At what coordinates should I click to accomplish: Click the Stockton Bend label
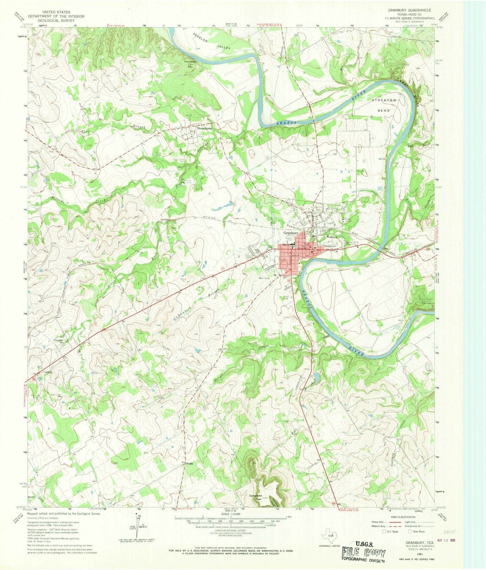(x=384, y=105)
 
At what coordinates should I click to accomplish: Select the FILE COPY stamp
(x=364, y=554)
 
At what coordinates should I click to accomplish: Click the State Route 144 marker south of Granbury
(x=287, y=281)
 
